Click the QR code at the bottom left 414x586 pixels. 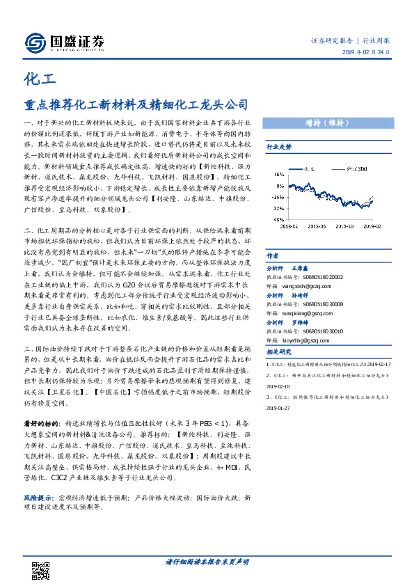[40, 570]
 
